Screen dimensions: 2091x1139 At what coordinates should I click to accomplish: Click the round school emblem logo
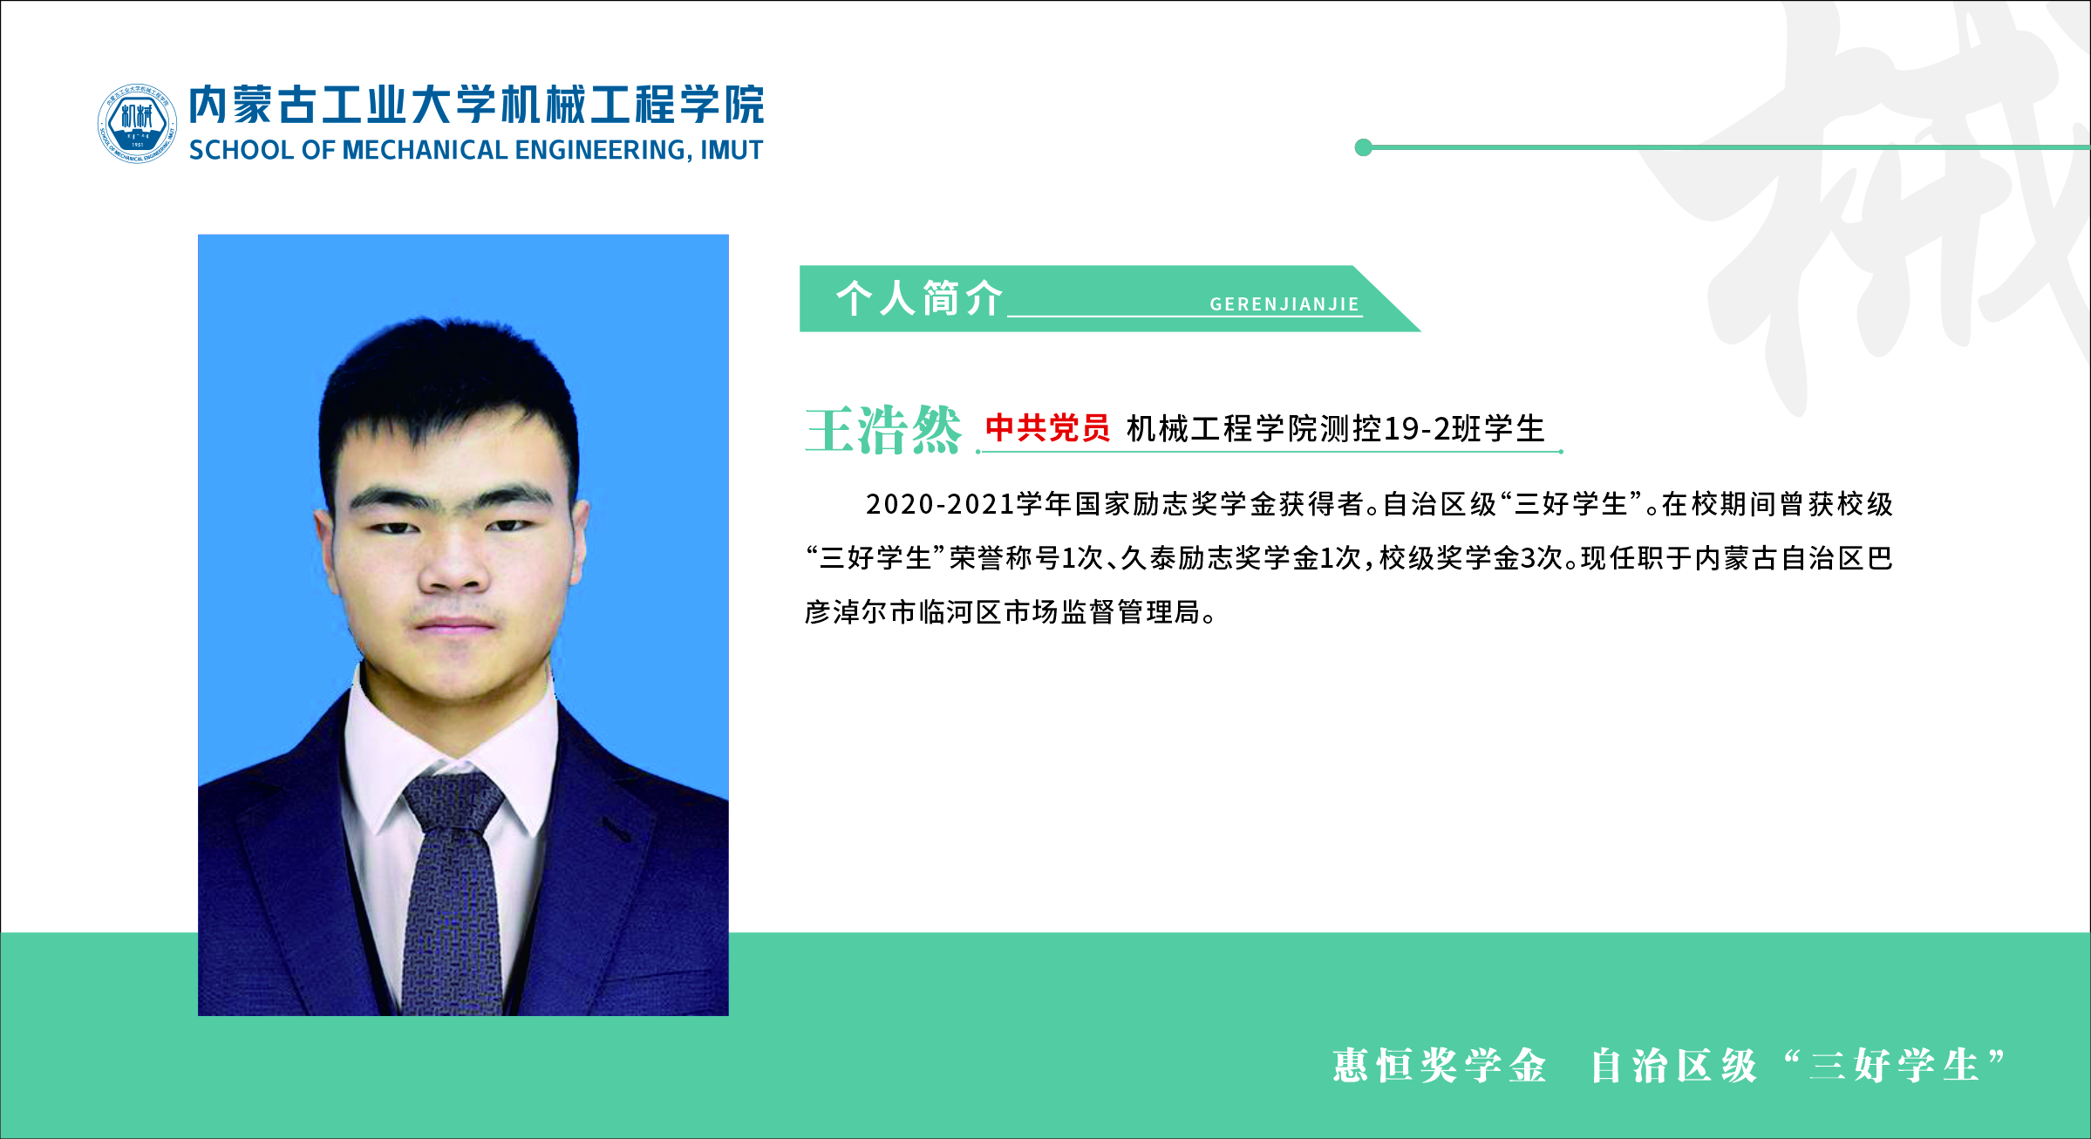click(137, 123)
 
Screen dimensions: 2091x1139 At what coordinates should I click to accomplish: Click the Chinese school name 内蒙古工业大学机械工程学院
click(477, 105)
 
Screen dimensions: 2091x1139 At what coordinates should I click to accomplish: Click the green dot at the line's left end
click(1364, 147)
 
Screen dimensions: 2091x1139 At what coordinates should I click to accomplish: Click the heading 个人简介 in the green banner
click(919, 298)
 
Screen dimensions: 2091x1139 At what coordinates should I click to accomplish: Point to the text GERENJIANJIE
click(1284, 304)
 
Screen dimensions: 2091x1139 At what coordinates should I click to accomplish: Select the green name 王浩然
click(882, 429)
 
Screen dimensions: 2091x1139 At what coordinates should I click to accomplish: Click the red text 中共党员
click(1047, 427)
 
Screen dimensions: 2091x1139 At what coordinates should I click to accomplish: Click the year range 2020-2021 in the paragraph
click(940, 504)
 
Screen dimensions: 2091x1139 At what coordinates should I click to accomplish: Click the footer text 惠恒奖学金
click(1440, 1066)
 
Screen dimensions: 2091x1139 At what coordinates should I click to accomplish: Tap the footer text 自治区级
click(1673, 1066)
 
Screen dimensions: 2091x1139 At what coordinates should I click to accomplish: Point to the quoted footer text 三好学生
click(1894, 1066)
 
